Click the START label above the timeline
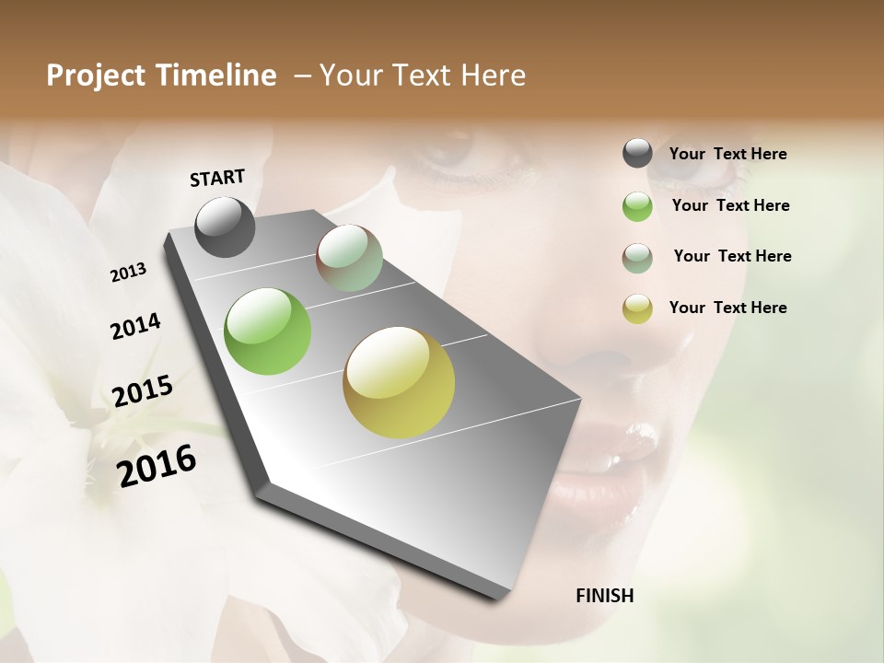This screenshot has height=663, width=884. [x=217, y=178]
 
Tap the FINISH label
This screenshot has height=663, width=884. [x=604, y=596]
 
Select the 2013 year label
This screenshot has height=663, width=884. [x=129, y=273]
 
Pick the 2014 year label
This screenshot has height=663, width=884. [x=135, y=326]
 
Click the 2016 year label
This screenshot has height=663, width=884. [x=157, y=465]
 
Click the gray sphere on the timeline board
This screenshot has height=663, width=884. [x=226, y=227]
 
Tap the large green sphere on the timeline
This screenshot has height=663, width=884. [x=267, y=331]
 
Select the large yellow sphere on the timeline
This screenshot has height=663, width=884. [x=399, y=382]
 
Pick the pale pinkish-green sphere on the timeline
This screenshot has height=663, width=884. [x=349, y=258]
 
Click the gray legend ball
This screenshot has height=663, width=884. [x=637, y=154]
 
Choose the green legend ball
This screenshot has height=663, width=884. [x=637, y=206]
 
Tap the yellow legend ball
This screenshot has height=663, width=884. [x=637, y=308]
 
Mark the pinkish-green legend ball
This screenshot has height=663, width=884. [x=637, y=257]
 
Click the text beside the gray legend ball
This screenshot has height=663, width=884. [x=727, y=154]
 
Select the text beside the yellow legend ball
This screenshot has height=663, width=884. [x=727, y=308]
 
